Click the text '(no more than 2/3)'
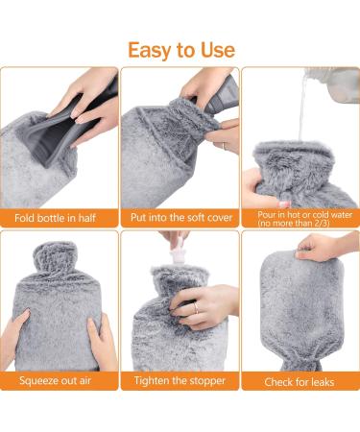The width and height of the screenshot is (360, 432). (300, 224)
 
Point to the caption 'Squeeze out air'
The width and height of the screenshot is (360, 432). (60, 381)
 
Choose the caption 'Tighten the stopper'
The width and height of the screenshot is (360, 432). (180, 381)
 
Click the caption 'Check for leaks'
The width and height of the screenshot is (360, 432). (300, 381)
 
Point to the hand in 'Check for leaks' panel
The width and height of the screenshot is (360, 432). (322, 248)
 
